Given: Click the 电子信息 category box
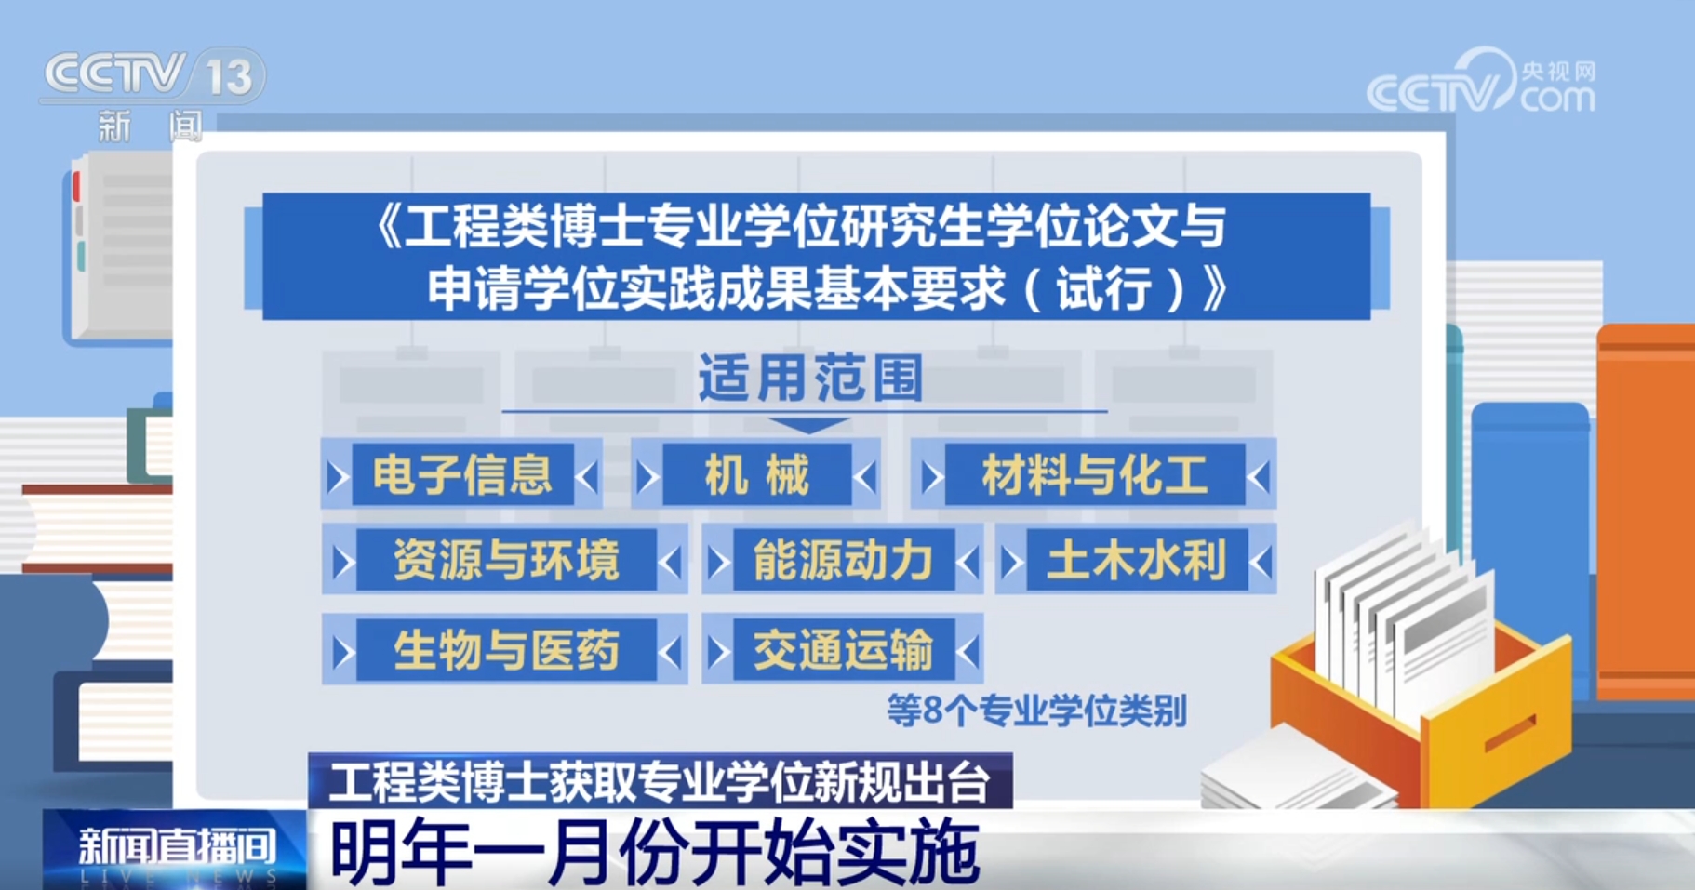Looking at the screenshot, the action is pos(461,474).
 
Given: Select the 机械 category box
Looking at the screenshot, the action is pos(755,474).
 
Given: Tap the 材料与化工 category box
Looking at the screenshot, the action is pos(1093,474).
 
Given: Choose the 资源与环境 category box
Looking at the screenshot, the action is pos(504,560).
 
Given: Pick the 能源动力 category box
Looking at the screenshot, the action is pos(842,560).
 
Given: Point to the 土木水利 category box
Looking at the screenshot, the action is pos(1136,560).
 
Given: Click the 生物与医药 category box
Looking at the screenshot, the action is pos(504,649).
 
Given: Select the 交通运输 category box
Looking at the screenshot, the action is pos(842,649).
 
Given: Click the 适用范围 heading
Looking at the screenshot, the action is pos(810,378).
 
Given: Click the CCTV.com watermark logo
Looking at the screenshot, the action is pos(1481,82).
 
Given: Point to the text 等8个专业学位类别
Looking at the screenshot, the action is pos(1036,711).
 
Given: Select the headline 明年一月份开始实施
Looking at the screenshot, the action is pos(655,851).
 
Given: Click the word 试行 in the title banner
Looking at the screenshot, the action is pos(1104,288).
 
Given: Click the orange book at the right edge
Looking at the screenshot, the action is pos(1646,511).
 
